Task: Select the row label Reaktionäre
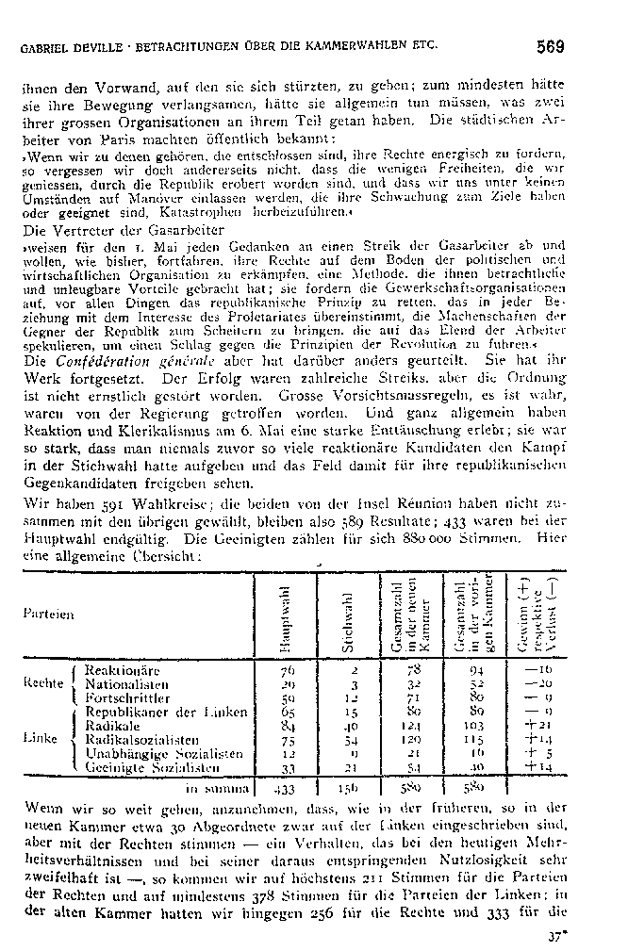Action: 122,670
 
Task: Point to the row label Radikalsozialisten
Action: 142,741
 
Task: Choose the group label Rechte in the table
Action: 39,683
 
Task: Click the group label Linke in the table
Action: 37,741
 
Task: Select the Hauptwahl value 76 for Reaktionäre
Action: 289,670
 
